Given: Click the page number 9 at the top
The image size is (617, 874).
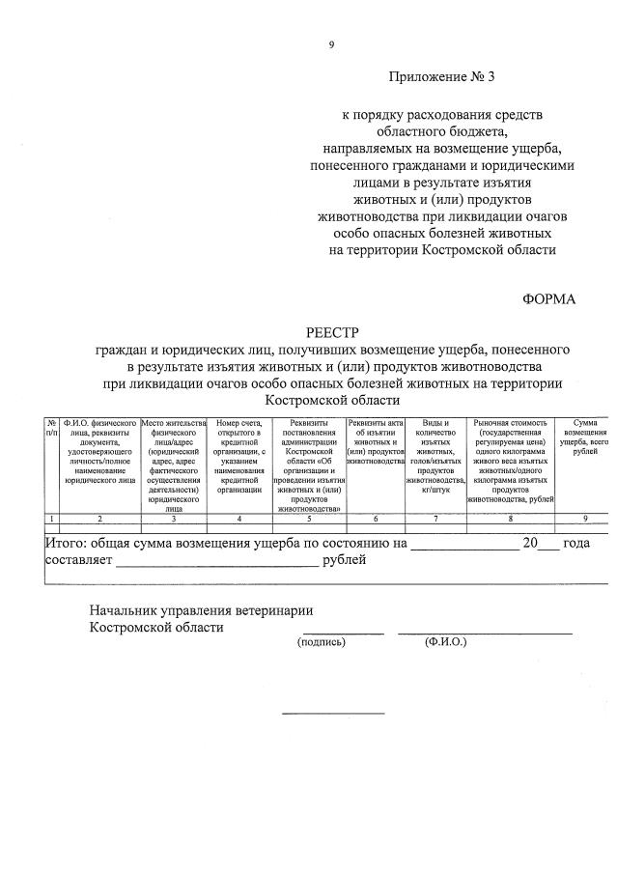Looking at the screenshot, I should point(331,44).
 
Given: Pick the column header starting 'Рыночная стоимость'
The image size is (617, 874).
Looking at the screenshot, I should point(512,462).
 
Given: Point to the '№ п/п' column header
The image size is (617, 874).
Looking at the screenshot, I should point(51,428).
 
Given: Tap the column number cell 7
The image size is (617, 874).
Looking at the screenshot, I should point(435,520).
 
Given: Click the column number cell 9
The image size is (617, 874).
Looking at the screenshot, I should point(585,520).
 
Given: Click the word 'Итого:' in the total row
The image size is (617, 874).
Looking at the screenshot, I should point(68,544).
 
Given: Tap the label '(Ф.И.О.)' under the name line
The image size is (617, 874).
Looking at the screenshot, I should point(445,641).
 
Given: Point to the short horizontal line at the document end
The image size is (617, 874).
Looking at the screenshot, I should point(332,714).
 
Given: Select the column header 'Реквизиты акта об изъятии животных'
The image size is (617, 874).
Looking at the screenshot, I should point(375,444).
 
